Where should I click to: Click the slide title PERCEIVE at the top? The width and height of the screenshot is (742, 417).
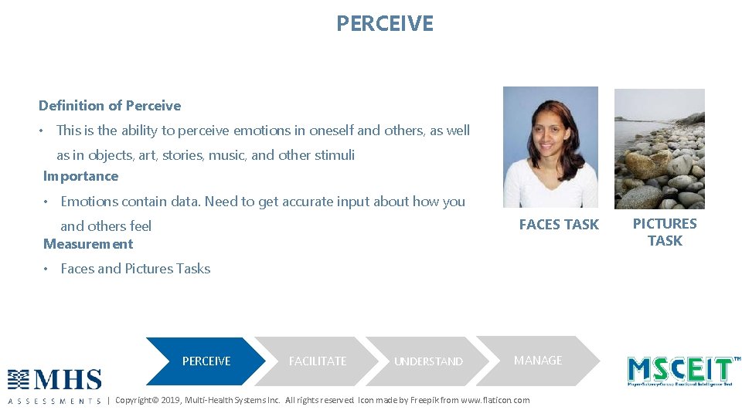[x=385, y=24]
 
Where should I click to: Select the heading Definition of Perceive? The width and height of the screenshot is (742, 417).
[x=110, y=106]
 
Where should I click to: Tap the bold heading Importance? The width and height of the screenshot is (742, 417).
[x=80, y=176]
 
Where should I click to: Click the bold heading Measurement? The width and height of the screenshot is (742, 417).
[x=88, y=244]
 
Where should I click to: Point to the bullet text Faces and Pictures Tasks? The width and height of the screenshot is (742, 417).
[x=135, y=269]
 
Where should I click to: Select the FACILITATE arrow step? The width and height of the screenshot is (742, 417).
[x=317, y=361]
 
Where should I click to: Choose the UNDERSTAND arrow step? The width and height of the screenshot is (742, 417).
[x=428, y=361]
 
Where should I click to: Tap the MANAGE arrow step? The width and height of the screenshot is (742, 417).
[x=538, y=361]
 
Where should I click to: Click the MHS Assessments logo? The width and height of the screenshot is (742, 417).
[x=55, y=385]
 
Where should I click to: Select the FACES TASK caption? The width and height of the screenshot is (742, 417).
[x=559, y=225]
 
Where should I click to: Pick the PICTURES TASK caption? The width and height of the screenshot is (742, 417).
[x=665, y=232]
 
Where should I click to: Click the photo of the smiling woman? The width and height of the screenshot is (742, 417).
[x=550, y=147]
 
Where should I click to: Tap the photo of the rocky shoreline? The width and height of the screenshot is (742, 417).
[x=659, y=148]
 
